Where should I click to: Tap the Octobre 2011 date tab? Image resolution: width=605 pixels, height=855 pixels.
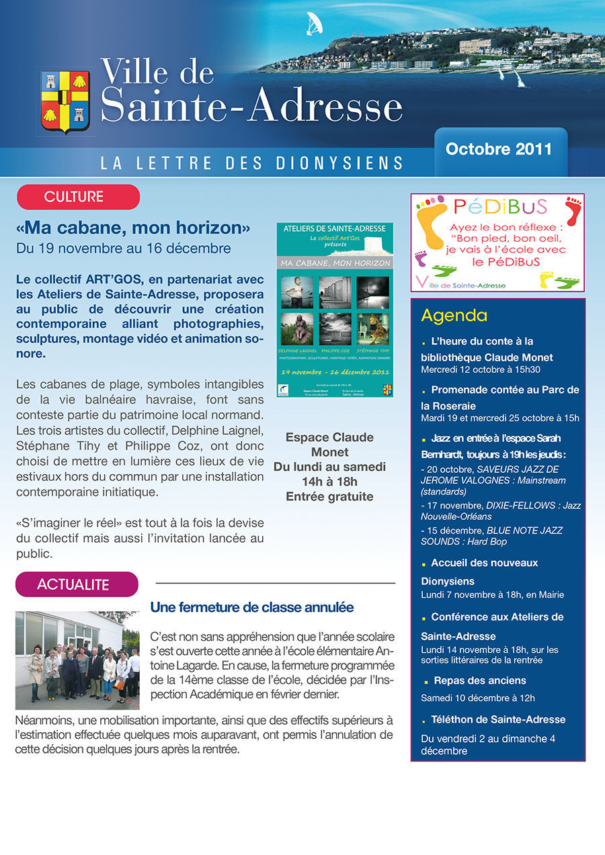tap(499, 149)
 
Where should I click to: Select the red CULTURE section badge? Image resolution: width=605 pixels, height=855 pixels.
tap(78, 197)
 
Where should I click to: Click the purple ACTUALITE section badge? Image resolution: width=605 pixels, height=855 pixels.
tap(77, 584)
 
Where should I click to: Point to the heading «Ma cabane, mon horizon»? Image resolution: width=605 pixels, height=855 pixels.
tap(133, 228)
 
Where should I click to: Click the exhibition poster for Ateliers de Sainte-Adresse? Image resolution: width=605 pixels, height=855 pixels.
tap(334, 310)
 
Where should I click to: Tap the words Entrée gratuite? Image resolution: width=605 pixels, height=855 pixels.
tap(329, 497)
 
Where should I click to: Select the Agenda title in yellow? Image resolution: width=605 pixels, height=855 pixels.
tap(454, 316)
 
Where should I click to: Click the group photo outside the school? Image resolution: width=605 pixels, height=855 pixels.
tap(77, 660)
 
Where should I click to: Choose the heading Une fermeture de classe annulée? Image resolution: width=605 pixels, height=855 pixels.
tap(252, 608)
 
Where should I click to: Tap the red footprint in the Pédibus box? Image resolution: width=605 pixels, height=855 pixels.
tap(573, 210)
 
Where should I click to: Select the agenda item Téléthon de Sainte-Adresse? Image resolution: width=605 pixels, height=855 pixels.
tap(498, 719)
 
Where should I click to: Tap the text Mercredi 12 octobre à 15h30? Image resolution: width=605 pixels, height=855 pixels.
tap(481, 369)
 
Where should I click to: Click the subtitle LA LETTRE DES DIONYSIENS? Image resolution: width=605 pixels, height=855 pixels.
tap(251, 163)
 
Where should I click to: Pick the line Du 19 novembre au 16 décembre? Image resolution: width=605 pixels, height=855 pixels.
tap(124, 249)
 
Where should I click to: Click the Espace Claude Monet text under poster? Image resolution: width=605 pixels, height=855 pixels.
tap(329, 445)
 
